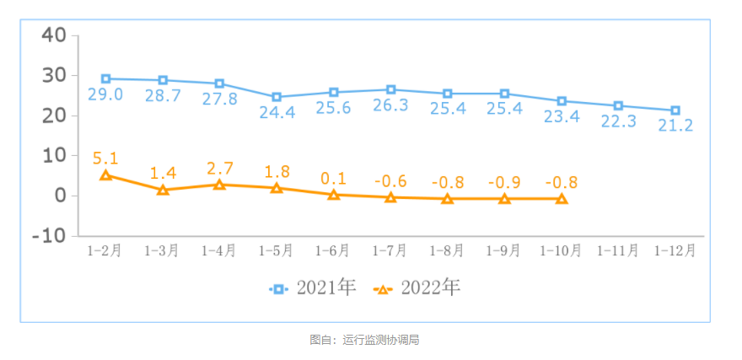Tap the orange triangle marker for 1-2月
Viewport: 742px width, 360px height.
[106, 175]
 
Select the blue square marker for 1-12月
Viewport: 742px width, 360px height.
[675, 110]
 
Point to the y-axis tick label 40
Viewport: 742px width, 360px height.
[53, 35]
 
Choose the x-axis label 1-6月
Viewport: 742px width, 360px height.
[333, 250]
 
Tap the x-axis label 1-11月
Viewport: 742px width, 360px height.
[618, 250]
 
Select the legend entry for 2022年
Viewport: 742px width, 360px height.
[417, 288]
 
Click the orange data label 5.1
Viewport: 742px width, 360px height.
[106, 158]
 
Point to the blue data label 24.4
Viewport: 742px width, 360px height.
[277, 112]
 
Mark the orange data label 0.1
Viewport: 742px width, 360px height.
[334, 178]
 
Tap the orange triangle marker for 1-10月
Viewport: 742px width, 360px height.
[562, 199]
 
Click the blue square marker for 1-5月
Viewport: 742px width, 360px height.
[277, 97]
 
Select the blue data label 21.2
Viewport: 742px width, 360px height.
[675, 126]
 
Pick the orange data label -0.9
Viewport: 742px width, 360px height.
[504, 182]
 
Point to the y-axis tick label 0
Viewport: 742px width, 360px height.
[59, 196]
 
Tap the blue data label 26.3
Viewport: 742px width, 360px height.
[390, 105]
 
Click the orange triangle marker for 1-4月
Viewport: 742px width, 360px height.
[219, 185]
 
